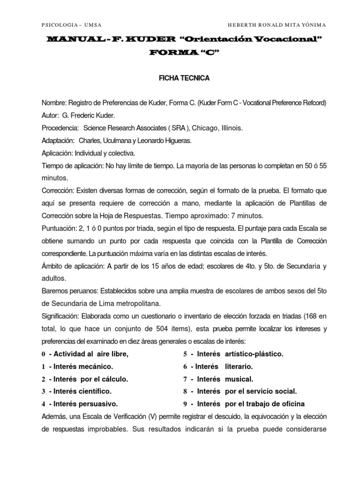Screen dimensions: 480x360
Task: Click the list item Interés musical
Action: click(225, 379)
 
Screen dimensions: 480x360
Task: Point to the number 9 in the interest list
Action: click(185, 404)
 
